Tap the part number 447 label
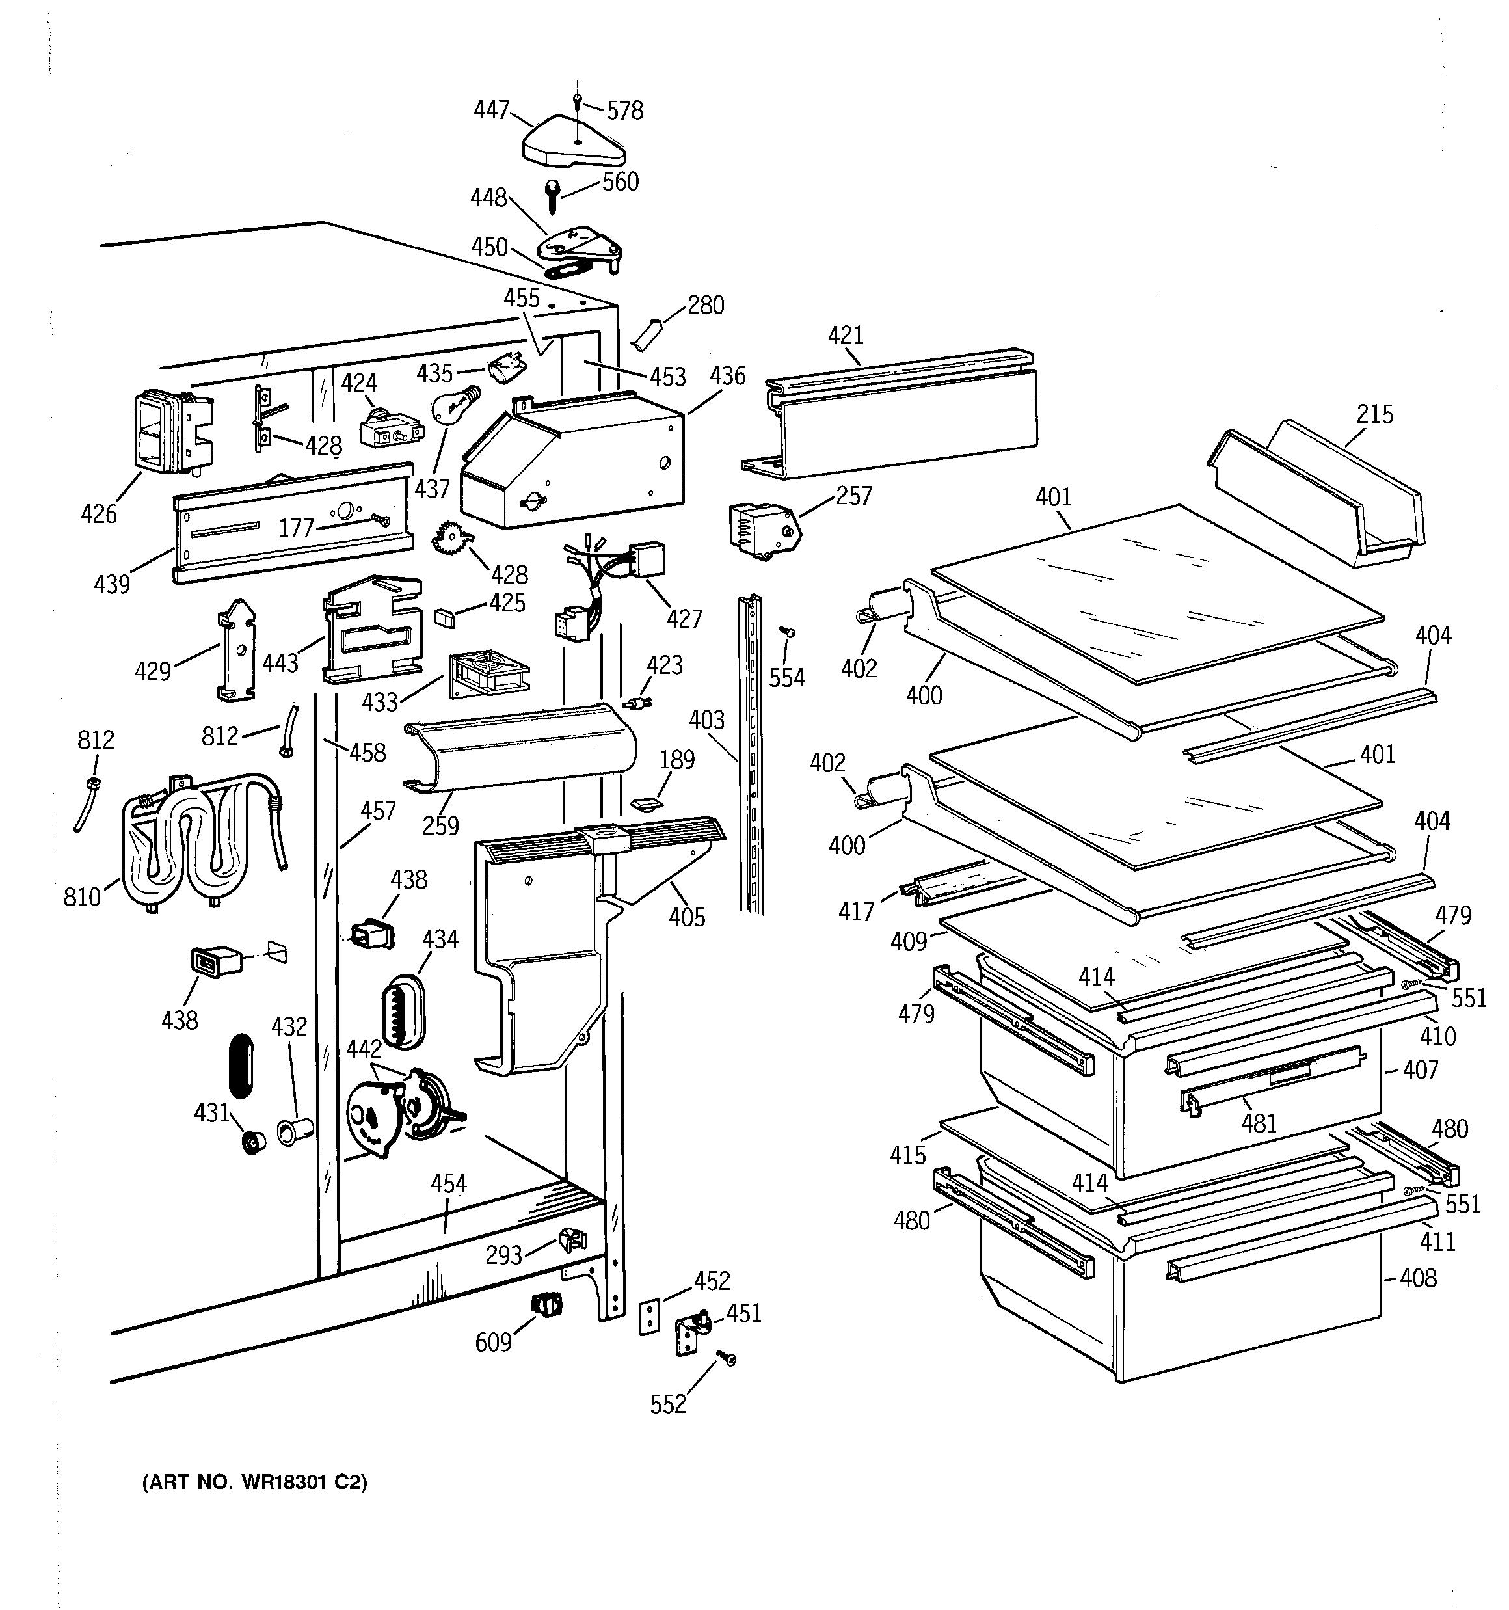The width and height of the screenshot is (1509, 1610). [x=491, y=109]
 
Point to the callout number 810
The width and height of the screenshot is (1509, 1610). [x=82, y=896]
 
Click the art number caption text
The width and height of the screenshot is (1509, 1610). [x=255, y=1482]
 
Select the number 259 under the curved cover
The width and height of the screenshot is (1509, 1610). [x=440, y=825]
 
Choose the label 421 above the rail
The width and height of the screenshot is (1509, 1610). [x=846, y=334]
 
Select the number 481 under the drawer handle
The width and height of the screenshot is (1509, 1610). [x=1259, y=1123]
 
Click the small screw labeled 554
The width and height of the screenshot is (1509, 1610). [x=786, y=630]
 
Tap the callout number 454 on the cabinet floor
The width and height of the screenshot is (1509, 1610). [x=449, y=1183]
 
